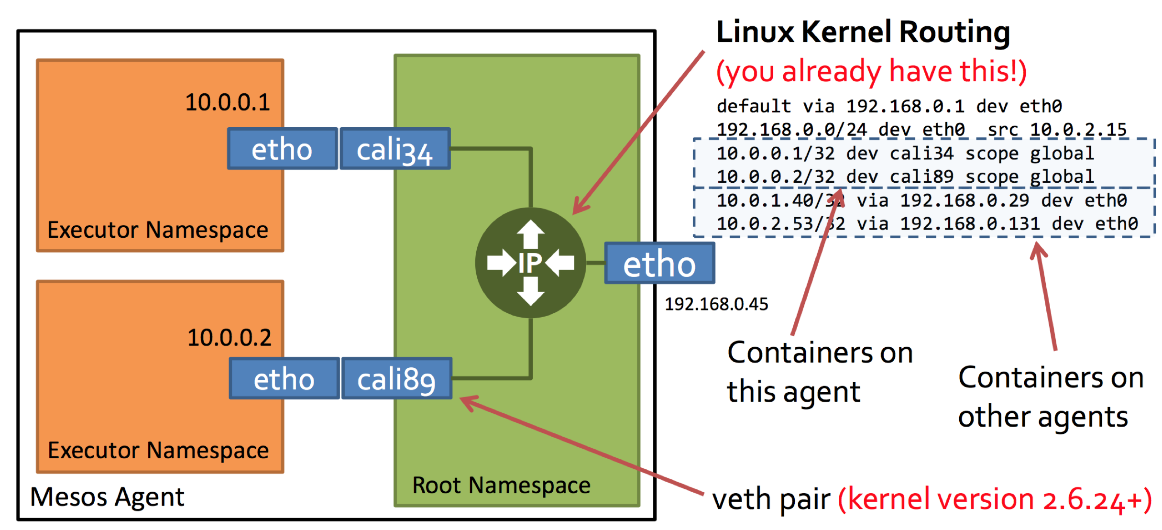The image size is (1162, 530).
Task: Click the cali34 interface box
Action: pyautogui.click(x=395, y=149)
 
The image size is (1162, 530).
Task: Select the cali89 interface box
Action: pyautogui.click(x=396, y=379)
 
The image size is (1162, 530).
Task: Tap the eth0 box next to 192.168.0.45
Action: pyautogui.click(x=659, y=264)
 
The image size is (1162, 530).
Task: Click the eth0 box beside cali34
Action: pyautogui.click(x=282, y=149)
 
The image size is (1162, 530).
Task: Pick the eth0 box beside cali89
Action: pyautogui.click(x=284, y=379)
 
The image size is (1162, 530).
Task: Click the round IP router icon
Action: pyautogui.click(x=530, y=263)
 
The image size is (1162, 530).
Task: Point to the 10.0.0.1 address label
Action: pyautogui.click(x=228, y=102)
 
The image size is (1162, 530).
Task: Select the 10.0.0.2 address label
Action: pyautogui.click(x=229, y=338)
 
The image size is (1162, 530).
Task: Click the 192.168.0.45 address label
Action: pyautogui.click(x=716, y=304)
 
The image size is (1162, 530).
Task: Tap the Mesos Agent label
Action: pyautogui.click(x=107, y=497)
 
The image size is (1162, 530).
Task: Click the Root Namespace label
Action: pyautogui.click(x=501, y=486)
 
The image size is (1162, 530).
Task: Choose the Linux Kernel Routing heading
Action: pyautogui.click(x=863, y=32)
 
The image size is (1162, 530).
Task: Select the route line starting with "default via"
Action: pyautogui.click(x=889, y=106)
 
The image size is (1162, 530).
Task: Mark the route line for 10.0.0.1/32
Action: pyautogui.click(x=905, y=154)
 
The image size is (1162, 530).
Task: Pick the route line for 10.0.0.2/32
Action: pyautogui.click(x=905, y=177)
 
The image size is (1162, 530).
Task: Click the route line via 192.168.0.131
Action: pyautogui.click(x=927, y=224)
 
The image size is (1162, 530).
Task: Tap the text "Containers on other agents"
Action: pyautogui.click(x=1051, y=397)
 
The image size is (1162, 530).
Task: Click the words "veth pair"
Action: pyautogui.click(x=771, y=500)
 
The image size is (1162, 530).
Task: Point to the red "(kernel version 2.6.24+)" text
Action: pyautogui.click(x=994, y=500)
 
